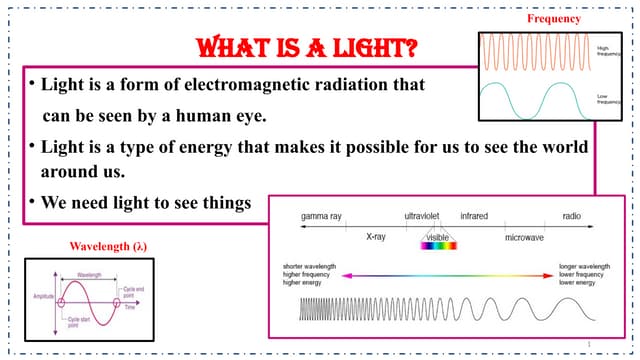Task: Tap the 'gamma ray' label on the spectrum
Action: coord(321,216)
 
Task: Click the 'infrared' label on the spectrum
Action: coord(473,216)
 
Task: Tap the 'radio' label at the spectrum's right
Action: coord(572,216)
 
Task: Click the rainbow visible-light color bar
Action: coord(437,246)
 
